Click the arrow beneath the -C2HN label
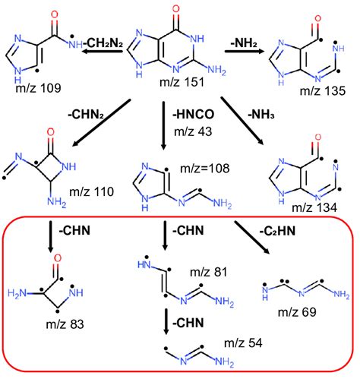point(254,243)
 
